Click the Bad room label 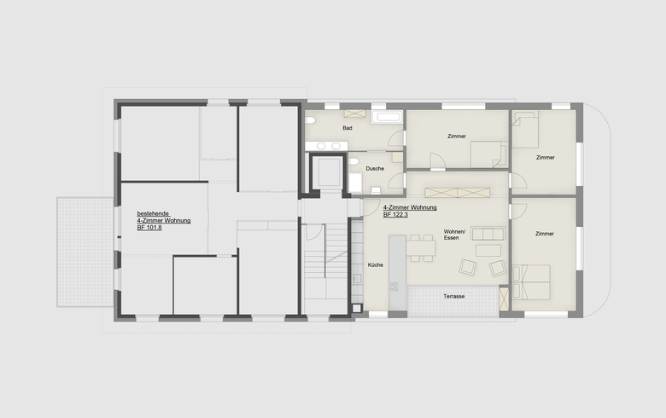point(348,128)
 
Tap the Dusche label point(375,168)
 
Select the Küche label point(376,264)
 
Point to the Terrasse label point(454,296)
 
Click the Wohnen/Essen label point(454,235)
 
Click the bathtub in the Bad point(387,117)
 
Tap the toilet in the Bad point(311,121)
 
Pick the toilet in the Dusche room point(353,162)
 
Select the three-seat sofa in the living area point(488,234)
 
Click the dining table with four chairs point(420,248)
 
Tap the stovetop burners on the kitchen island point(394,287)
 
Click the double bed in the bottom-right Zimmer point(531,282)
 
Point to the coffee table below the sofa point(488,251)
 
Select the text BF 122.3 point(395,215)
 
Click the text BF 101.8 point(149,228)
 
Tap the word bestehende point(153,213)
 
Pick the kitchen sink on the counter point(357,278)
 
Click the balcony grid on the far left point(85,252)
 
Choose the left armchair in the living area point(468,266)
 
